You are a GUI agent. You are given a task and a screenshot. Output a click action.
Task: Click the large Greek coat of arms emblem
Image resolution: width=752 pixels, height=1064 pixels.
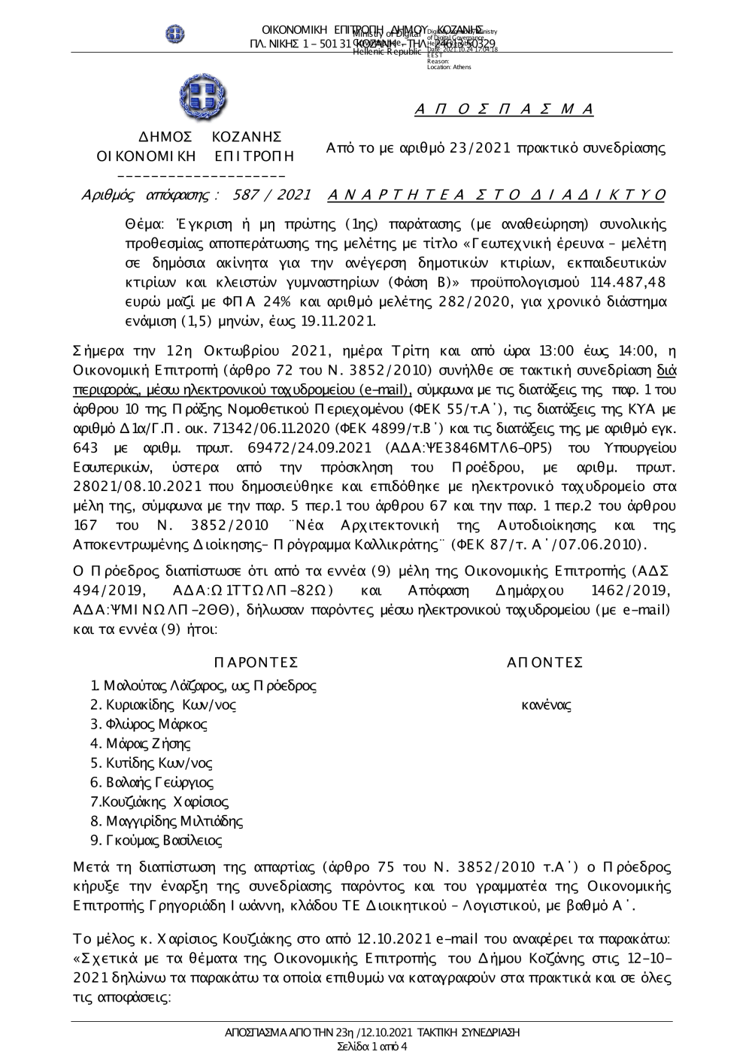203,99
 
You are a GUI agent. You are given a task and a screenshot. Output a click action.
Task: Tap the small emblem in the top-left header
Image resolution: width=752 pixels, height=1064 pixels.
175,33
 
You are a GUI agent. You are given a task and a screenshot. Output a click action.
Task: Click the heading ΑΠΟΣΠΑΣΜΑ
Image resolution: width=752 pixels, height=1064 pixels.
504,110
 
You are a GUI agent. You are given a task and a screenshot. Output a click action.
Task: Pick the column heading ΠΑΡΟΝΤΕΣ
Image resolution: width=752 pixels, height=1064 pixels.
256,662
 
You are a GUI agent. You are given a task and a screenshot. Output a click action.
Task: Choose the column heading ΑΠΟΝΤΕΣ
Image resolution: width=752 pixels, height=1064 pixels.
545,662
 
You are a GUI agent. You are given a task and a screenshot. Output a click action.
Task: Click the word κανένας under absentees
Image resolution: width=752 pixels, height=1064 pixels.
546,705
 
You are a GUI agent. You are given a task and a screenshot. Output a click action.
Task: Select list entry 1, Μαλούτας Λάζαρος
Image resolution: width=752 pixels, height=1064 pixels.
203,686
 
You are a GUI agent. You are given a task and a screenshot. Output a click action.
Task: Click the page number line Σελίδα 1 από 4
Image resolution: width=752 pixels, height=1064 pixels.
373,1047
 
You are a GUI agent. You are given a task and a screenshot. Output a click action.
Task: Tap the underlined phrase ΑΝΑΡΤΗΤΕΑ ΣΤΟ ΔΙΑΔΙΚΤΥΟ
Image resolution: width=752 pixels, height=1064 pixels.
497,196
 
